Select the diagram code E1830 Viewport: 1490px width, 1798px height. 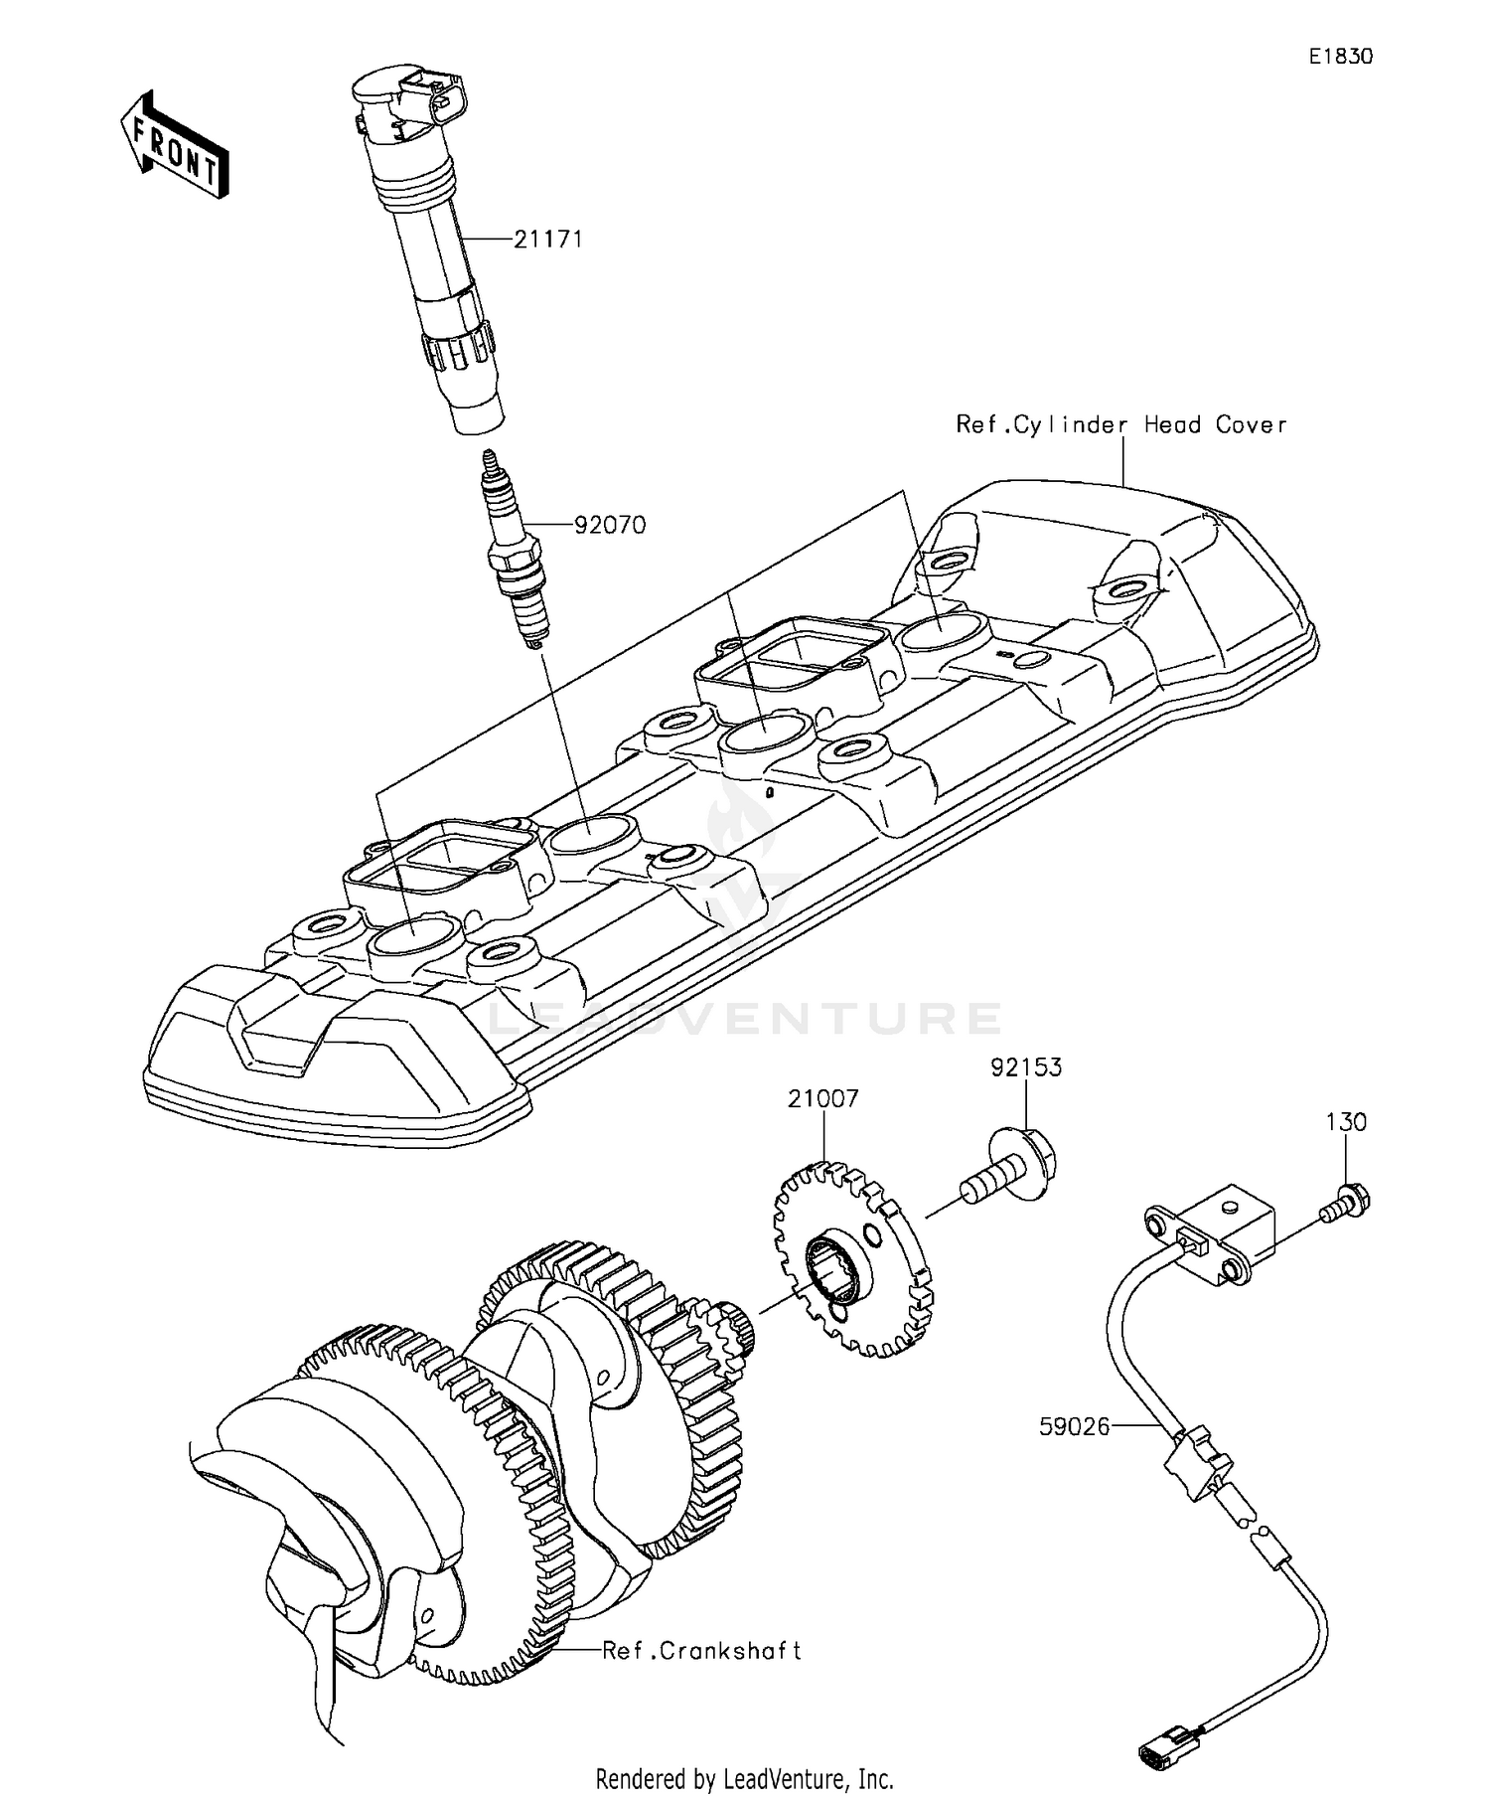click(x=1340, y=57)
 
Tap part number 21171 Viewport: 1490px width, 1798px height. click(x=547, y=240)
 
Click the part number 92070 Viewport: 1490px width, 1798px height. click(x=610, y=525)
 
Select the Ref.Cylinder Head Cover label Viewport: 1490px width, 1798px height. click(x=1120, y=424)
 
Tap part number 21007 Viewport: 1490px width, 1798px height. click(x=822, y=1099)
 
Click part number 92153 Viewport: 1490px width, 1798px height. click(x=1025, y=1067)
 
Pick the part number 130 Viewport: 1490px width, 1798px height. click(x=1346, y=1122)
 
